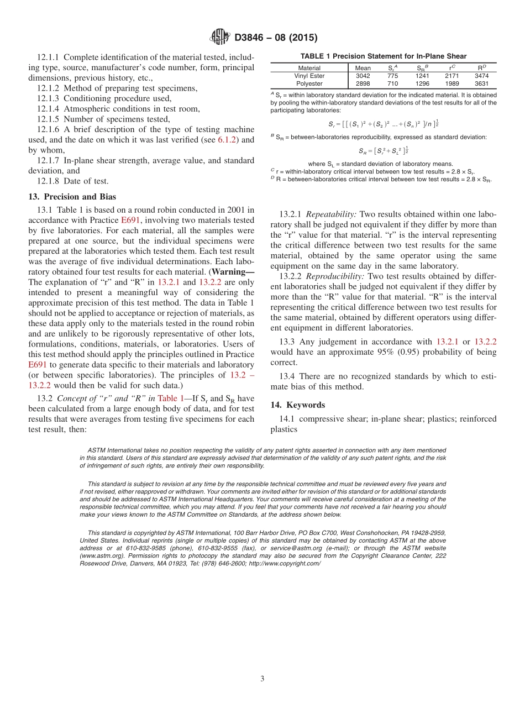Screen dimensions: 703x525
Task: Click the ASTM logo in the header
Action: coord(220,38)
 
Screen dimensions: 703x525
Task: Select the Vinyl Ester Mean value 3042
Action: coord(363,76)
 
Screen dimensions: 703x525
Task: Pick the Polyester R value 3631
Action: coord(481,83)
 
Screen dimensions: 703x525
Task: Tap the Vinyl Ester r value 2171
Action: coord(452,76)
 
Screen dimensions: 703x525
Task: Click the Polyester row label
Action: coord(309,83)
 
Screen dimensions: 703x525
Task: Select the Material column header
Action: coord(309,68)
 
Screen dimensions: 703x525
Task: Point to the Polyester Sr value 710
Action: coord(392,83)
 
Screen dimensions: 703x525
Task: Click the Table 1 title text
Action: coord(383,56)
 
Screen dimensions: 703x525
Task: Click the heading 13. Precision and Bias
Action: coord(72,197)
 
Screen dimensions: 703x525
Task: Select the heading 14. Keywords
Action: coord(297,405)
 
